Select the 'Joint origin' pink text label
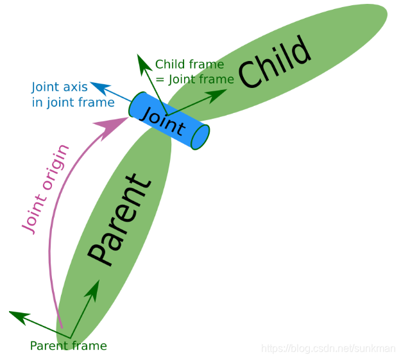point(46,190)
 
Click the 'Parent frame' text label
point(68,346)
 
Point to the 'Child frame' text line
point(189,65)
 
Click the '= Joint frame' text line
point(194,80)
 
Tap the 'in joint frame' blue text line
point(73,102)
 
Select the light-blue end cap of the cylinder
point(201,136)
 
